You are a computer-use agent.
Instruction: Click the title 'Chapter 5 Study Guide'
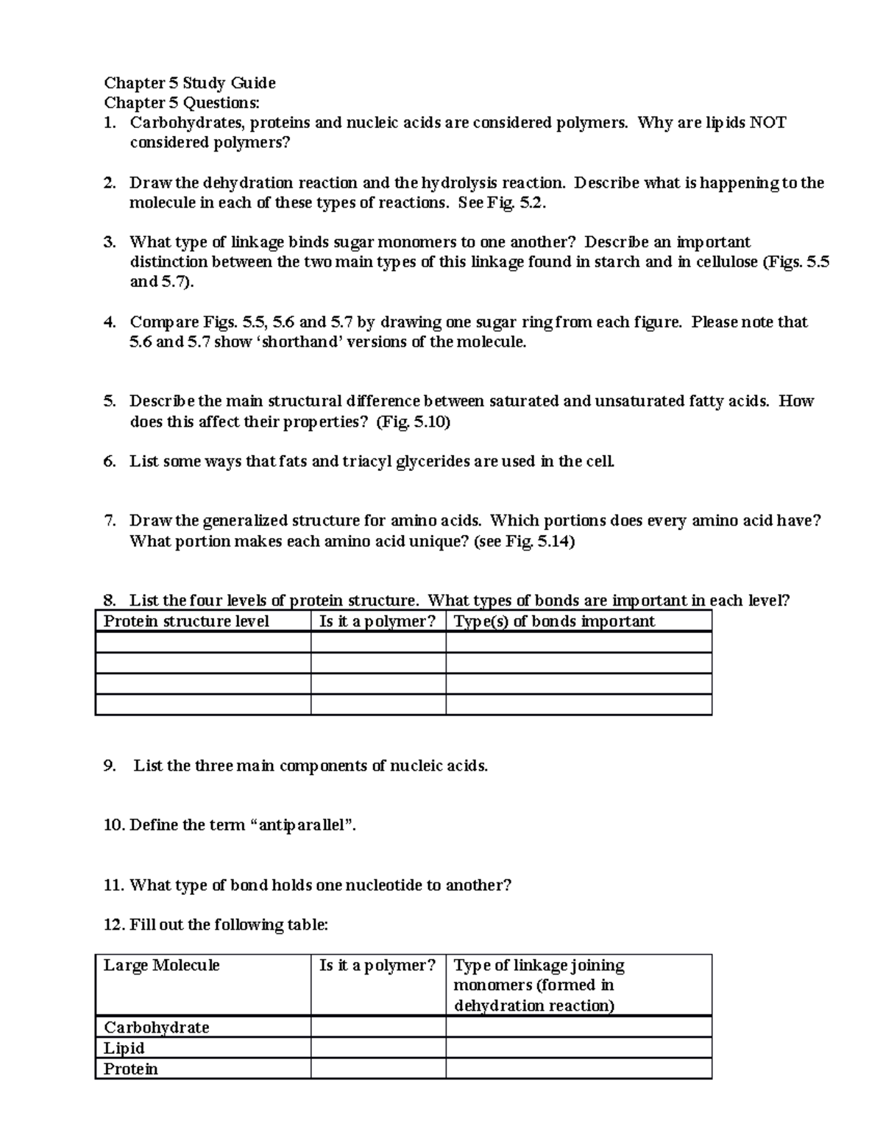pyautogui.click(x=190, y=82)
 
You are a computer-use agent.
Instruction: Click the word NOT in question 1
pyautogui.click(x=767, y=122)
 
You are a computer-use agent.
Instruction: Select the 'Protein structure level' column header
pyautogui.click(x=186, y=621)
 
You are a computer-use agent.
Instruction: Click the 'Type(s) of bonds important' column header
pyautogui.click(x=553, y=621)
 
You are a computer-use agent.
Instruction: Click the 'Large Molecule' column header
pyautogui.click(x=161, y=965)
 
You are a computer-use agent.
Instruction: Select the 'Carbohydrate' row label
pyautogui.click(x=156, y=1027)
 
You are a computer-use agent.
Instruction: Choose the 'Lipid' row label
pyautogui.click(x=124, y=1047)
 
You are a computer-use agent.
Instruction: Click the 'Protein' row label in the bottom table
pyautogui.click(x=130, y=1068)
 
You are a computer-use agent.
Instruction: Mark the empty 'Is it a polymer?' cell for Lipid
pyautogui.click(x=377, y=1047)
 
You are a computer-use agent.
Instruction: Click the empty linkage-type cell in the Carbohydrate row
pyautogui.click(x=578, y=1027)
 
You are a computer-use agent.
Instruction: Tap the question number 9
pyautogui.click(x=110, y=765)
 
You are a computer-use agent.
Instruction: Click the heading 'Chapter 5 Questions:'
pyautogui.click(x=182, y=102)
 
